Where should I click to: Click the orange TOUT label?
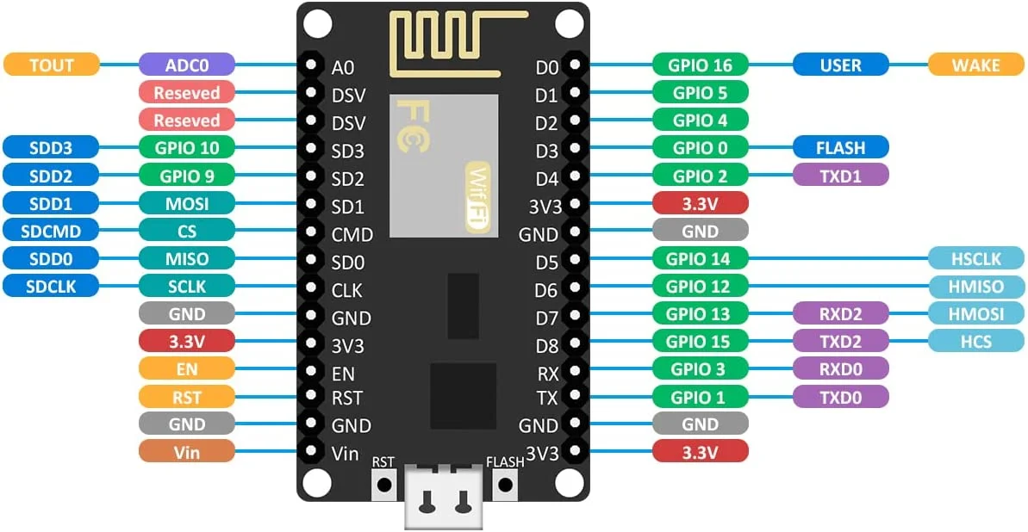(x=52, y=65)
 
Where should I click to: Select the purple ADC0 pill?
(x=187, y=65)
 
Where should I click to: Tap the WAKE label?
(x=976, y=65)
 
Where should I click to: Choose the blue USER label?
(x=840, y=65)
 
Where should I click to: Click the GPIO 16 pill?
(x=700, y=65)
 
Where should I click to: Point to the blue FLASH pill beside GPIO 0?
(x=840, y=147)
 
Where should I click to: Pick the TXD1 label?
(x=840, y=176)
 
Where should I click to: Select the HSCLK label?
(x=976, y=258)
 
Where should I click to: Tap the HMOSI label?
(x=976, y=313)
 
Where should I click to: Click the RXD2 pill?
(x=840, y=313)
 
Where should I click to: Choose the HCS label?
(x=976, y=341)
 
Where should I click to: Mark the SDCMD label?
(x=52, y=231)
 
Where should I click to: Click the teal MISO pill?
(x=187, y=258)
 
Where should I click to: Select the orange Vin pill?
(x=187, y=451)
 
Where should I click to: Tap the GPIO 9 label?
(x=187, y=176)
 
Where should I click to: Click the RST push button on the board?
(x=383, y=486)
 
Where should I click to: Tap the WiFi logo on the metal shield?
(x=477, y=196)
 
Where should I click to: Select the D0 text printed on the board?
(x=547, y=66)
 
